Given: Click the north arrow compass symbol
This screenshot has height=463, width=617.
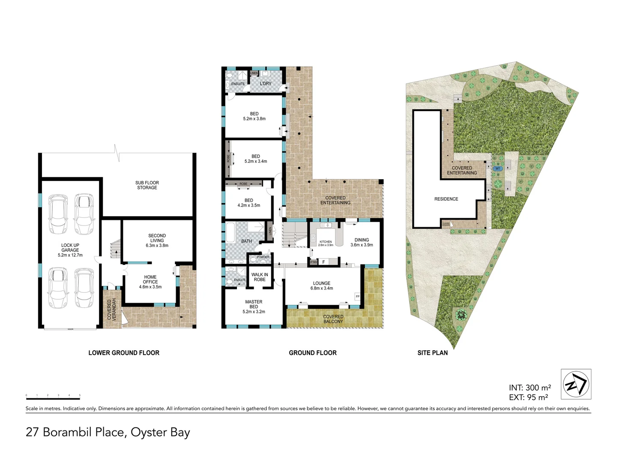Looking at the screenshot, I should (x=576, y=384).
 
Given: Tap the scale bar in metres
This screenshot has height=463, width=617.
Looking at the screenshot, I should (x=53, y=398).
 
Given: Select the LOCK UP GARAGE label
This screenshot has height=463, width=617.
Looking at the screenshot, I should (x=70, y=250).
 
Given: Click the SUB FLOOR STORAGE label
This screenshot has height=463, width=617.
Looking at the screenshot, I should (x=147, y=185).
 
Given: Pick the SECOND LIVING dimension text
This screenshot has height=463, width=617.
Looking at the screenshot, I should (x=157, y=246).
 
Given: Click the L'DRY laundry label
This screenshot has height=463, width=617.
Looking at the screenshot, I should (x=266, y=84).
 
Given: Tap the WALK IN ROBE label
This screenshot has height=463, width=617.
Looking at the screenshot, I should (x=260, y=277).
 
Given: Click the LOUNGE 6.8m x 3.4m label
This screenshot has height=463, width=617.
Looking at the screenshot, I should (x=322, y=286).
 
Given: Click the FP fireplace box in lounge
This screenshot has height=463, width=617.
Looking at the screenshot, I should (x=357, y=296).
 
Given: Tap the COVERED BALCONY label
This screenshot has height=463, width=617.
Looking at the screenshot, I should (x=333, y=319).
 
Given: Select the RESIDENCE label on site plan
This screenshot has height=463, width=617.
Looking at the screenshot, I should (x=446, y=199).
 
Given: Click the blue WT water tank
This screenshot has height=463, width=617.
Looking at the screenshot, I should (x=497, y=168).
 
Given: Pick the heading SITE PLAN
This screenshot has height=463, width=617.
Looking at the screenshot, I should (x=432, y=353).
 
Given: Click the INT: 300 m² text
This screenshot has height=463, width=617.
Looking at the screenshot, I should (x=530, y=388).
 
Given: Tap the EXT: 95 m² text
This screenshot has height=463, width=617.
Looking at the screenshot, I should (x=528, y=397).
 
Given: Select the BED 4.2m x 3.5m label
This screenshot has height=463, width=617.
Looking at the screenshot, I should (x=249, y=203).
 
